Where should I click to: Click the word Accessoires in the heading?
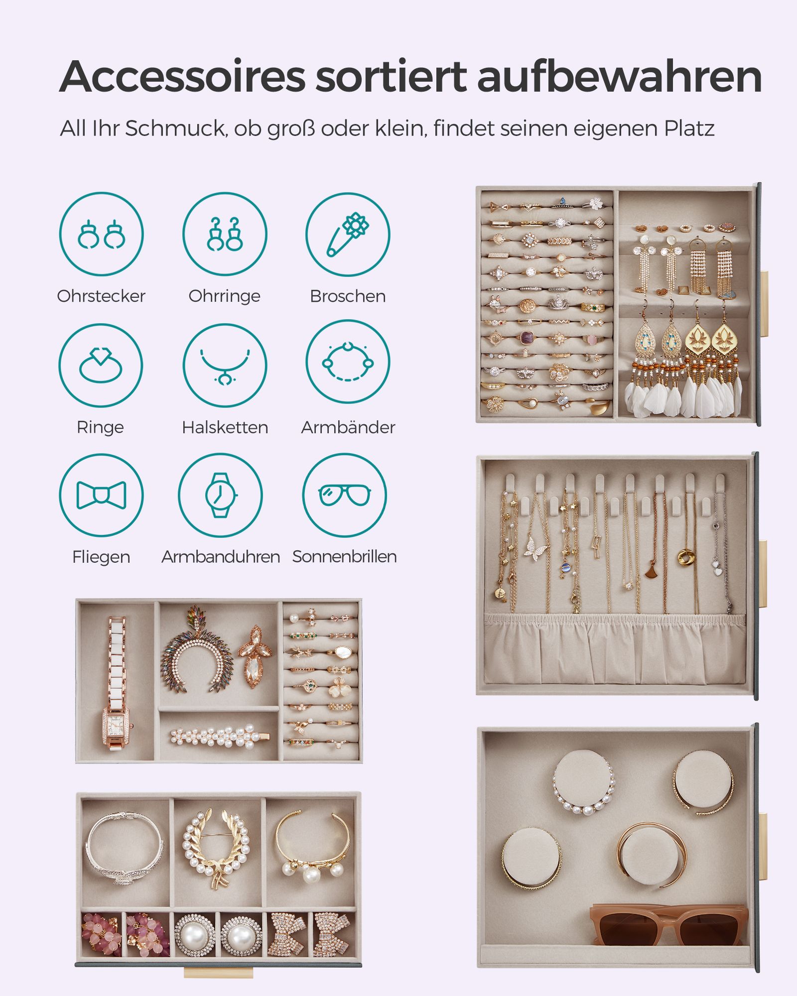pos(182,77)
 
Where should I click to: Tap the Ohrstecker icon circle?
pos(101,234)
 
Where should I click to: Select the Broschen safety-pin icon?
pos(348,234)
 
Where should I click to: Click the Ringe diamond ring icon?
pos(101,365)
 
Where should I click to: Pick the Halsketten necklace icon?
pos(225,365)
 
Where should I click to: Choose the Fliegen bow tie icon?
pos(101,495)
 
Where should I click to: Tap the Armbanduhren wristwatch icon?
pos(220,495)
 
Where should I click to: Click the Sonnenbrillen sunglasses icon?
pos(345,495)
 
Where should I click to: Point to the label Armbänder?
pos(348,427)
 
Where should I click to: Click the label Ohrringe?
pos(224,296)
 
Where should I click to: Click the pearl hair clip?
pos(220,736)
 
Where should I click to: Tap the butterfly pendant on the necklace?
pos(536,549)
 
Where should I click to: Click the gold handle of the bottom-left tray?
pos(218,973)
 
